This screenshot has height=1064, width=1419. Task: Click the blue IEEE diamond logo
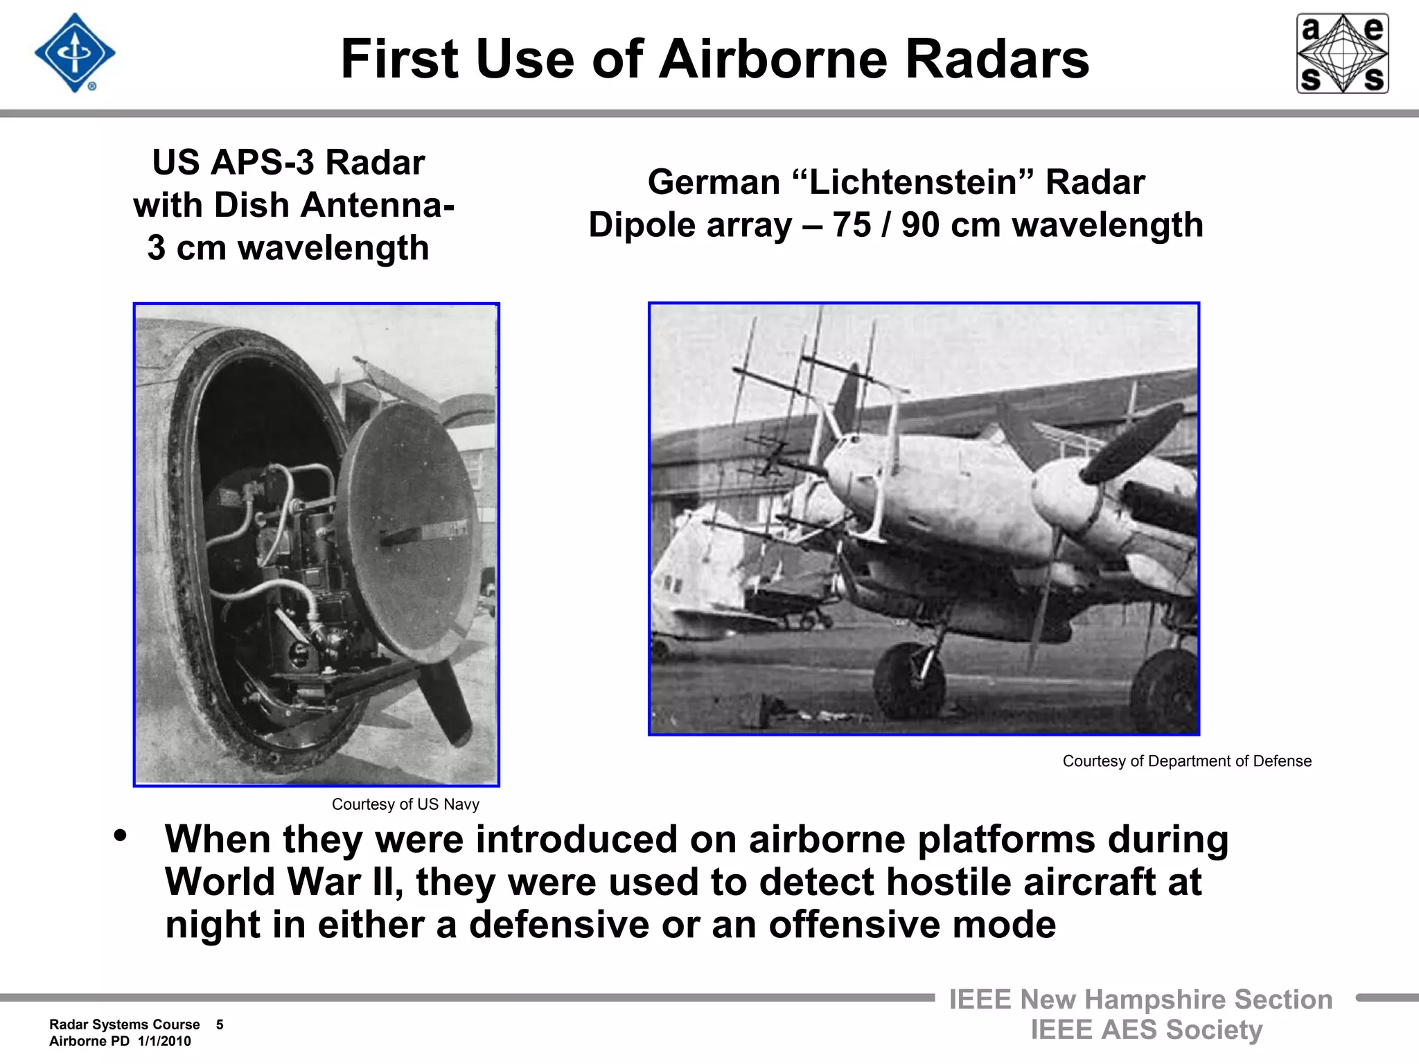click(x=75, y=53)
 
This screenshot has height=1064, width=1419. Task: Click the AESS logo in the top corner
click(x=1342, y=53)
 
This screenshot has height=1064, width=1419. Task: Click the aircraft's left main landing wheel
click(x=908, y=682)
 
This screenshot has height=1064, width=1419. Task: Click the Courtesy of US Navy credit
click(x=405, y=804)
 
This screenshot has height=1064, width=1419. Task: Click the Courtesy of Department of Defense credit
click(x=1186, y=761)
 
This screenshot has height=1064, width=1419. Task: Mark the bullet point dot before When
click(x=121, y=835)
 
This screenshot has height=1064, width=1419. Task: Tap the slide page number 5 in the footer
click(x=220, y=1025)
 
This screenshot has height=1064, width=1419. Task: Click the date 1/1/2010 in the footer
click(x=164, y=1041)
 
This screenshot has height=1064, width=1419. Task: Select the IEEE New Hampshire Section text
click(x=1140, y=1000)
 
